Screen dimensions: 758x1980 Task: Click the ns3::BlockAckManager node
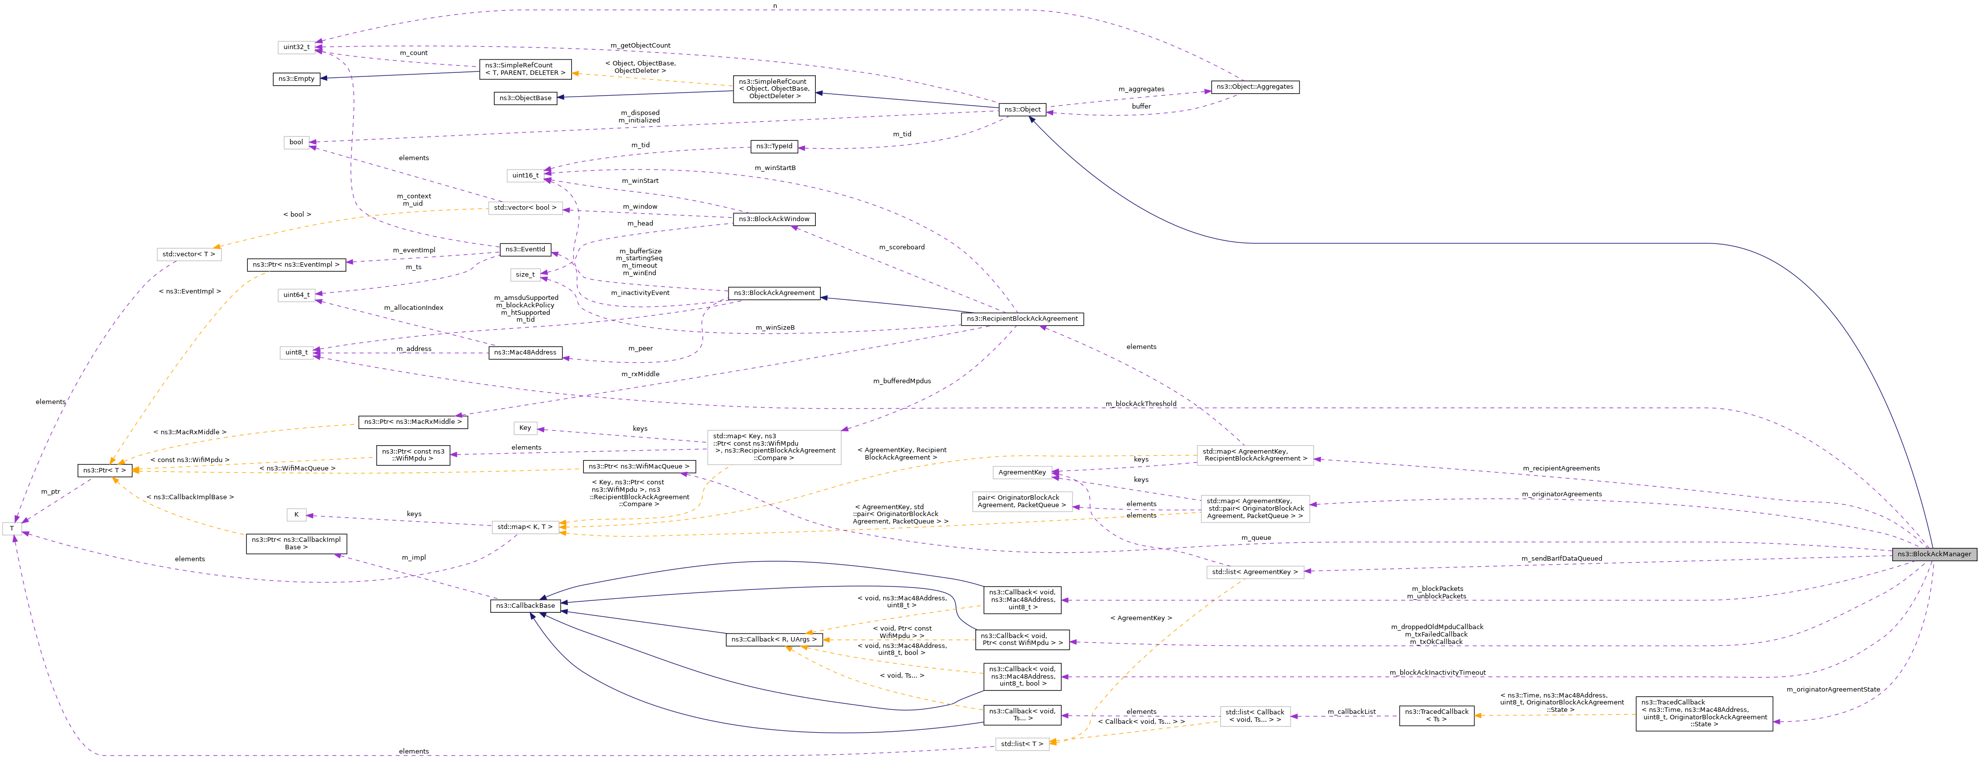(x=1933, y=554)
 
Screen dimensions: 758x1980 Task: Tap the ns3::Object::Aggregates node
(x=1254, y=87)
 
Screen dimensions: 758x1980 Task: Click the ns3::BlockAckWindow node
(x=773, y=219)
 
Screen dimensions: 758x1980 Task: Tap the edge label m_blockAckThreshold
(x=1140, y=404)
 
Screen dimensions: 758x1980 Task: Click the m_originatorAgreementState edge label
(x=1832, y=690)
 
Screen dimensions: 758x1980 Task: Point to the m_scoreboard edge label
(x=902, y=247)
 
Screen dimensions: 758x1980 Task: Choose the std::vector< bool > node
(x=525, y=208)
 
